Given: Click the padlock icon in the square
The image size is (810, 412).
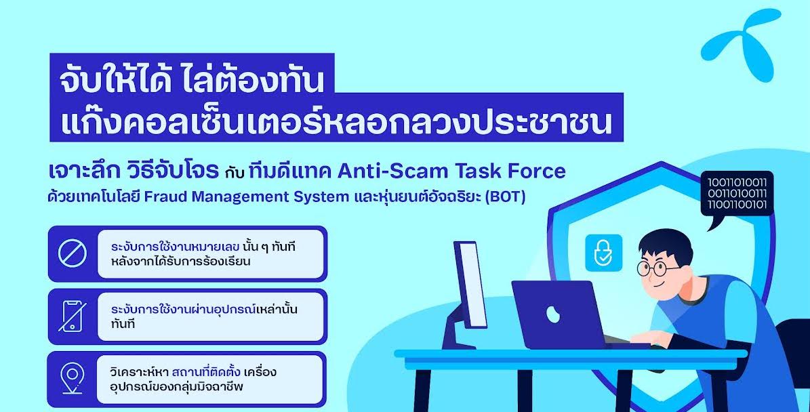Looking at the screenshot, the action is point(603,253).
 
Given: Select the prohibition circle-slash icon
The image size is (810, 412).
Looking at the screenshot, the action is point(73,253).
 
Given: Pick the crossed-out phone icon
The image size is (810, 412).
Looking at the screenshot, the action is point(73,316).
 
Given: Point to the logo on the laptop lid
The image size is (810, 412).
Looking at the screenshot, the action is point(553,314).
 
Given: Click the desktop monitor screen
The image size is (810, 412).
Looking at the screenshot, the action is point(472,285).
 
